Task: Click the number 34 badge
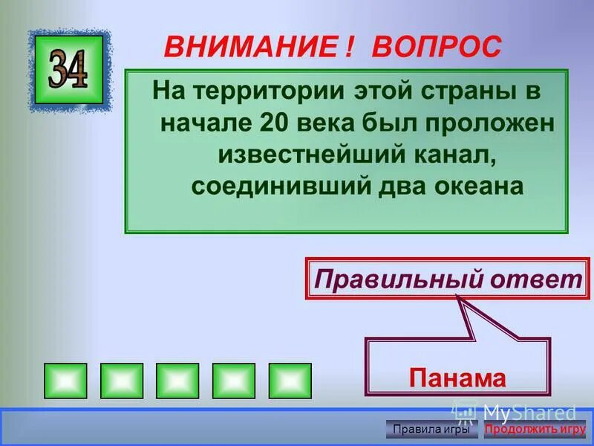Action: coord(69,70)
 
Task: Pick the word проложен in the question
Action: coord(497,123)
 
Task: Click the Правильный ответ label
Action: coord(447,279)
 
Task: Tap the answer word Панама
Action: coord(457,378)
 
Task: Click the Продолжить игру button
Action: coord(535,429)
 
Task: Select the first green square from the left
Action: coord(65,381)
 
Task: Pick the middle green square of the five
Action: coord(177,381)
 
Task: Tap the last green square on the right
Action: coord(290,381)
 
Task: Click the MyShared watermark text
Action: coord(529,411)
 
